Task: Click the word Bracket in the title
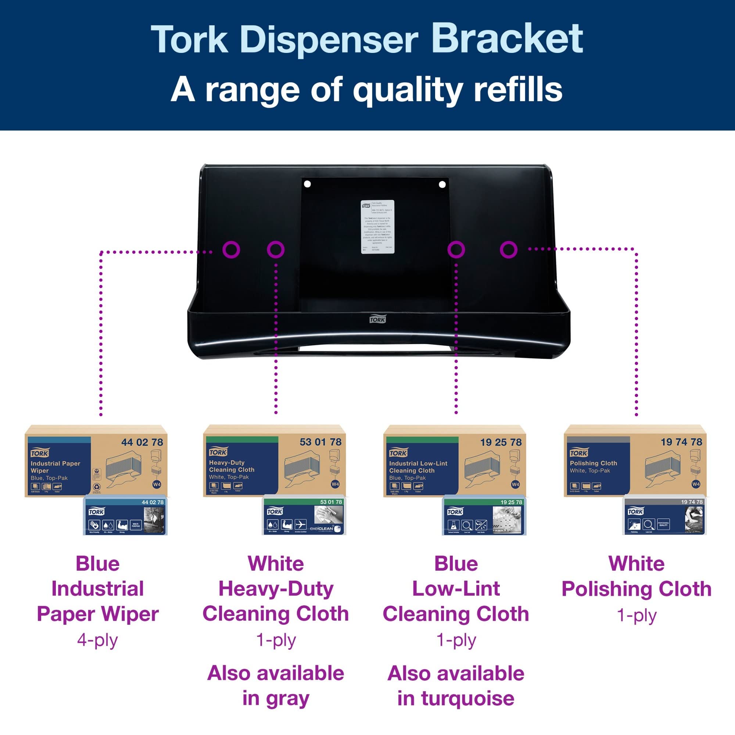pyautogui.click(x=507, y=39)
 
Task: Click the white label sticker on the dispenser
pyautogui.click(x=377, y=226)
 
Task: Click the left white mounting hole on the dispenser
pyautogui.click(x=307, y=184)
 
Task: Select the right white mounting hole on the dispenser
pyautogui.click(x=442, y=184)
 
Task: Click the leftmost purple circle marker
pyautogui.click(x=231, y=250)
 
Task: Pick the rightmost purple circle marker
pyautogui.click(x=509, y=250)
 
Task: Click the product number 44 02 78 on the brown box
pyautogui.click(x=142, y=442)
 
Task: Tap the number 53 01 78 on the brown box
pyautogui.click(x=320, y=442)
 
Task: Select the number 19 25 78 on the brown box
pyautogui.click(x=501, y=442)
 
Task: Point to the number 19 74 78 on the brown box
pyautogui.click(x=681, y=442)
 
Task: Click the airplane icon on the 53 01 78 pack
pyautogui.click(x=301, y=525)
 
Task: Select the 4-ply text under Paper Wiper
pyautogui.click(x=97, y=640)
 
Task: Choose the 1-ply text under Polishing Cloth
pyautogui.click(x=637, y=615)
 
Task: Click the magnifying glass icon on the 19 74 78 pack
pyautogui.click(x=649, y=525)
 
